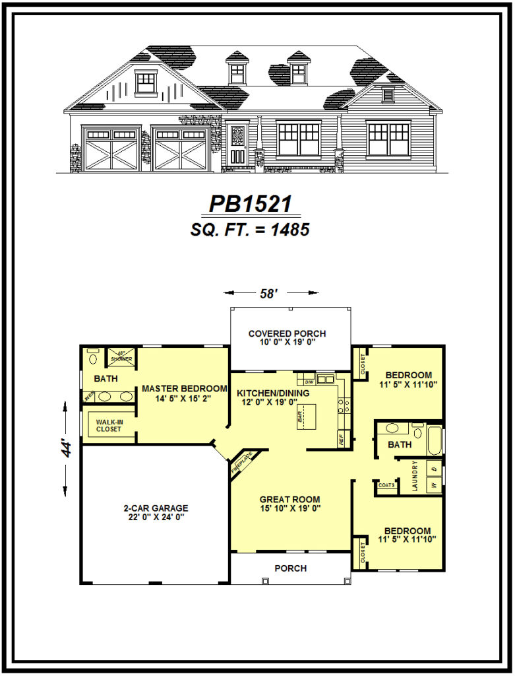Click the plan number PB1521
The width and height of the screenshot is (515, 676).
(x=250, y=204)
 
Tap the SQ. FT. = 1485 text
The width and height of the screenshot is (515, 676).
(x=250, y=229)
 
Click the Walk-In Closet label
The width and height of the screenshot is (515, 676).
(x=109, y=424)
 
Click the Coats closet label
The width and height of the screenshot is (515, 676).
(x=386, y=485)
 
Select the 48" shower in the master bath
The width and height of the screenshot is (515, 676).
(x=121, y=358)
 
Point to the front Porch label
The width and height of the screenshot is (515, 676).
(x=290, y=568)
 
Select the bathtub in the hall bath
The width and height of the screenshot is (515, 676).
(x=435, y=440)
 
